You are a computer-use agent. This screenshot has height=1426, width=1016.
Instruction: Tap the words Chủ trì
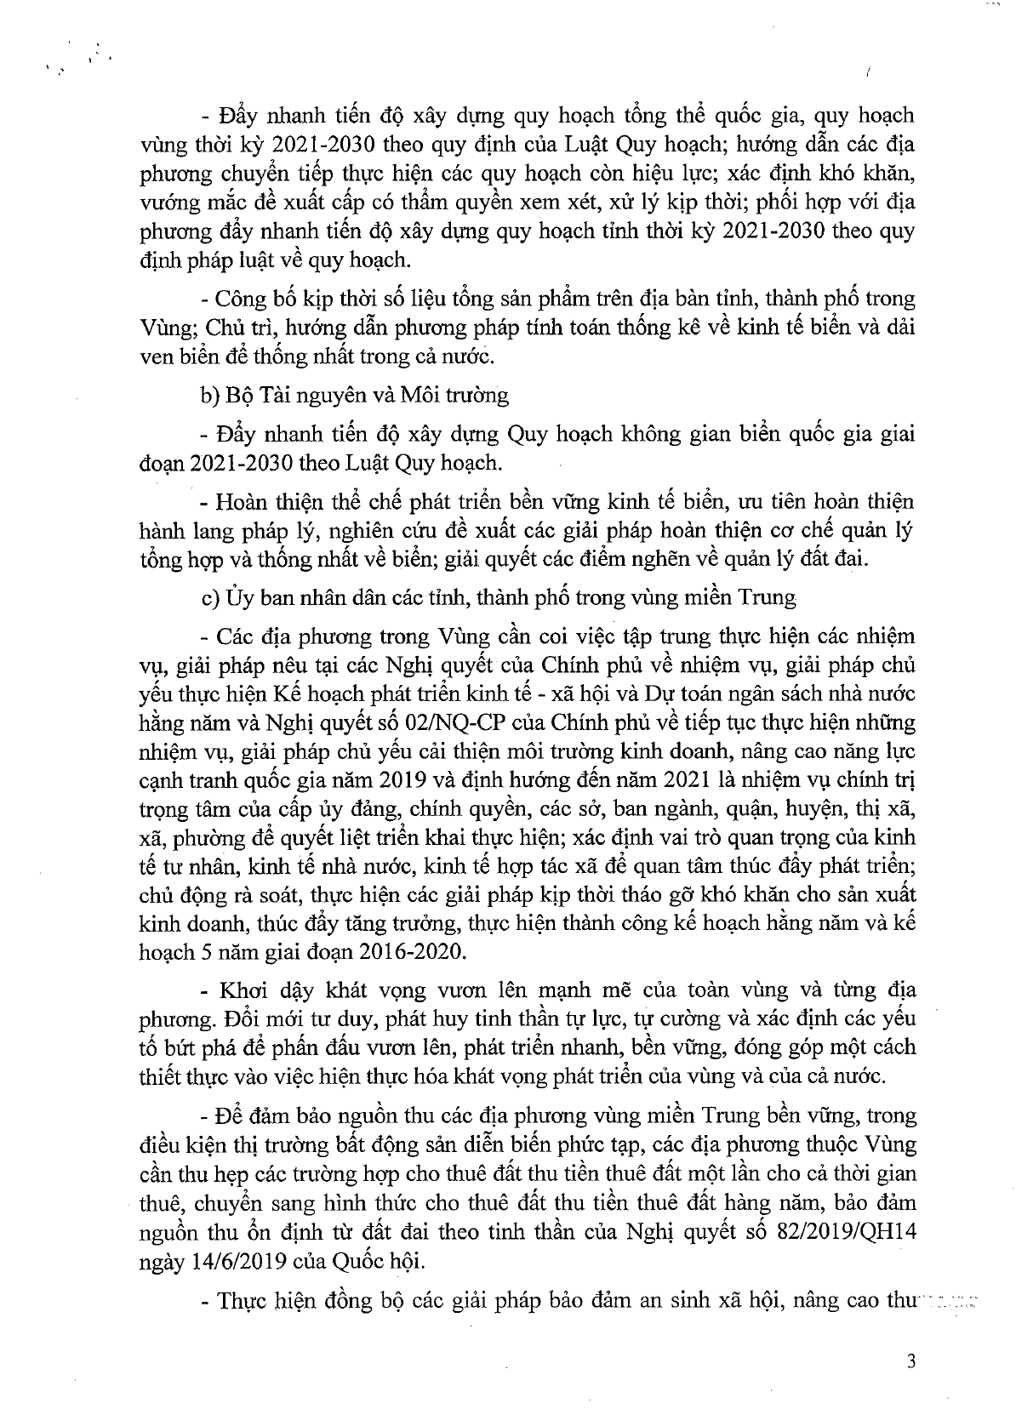click(232, 328)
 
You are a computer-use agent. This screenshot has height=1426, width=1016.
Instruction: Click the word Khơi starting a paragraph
click(243, 990)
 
